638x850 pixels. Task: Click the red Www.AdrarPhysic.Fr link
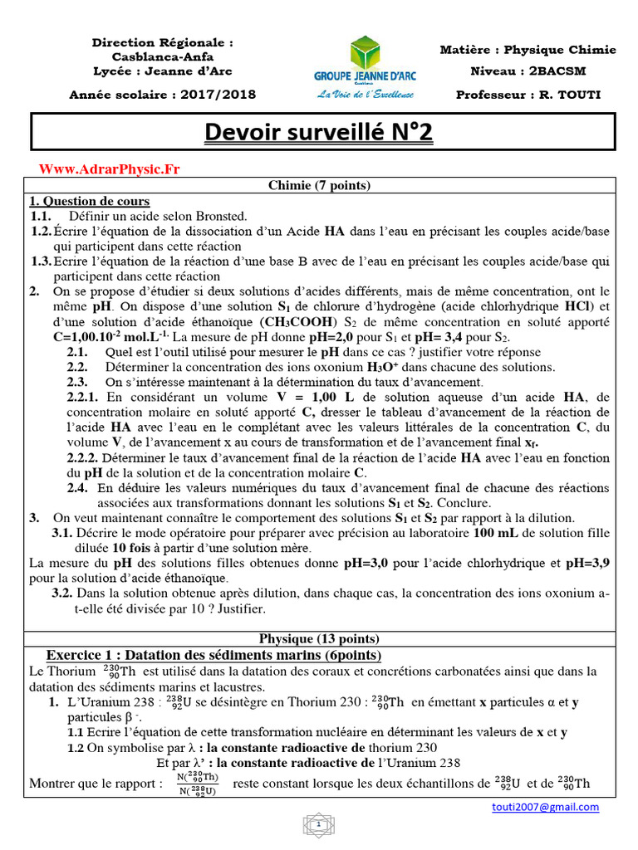tap(110, 169)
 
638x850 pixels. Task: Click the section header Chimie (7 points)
tap(319, 185)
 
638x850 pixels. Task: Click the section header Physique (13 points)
tap(319, 638)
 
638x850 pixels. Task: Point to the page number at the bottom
tap(318, 826)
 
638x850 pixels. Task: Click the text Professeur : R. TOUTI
tap(528, 95)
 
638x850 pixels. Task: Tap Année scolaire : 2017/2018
tap(162, 95)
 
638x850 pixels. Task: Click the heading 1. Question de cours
tap(90, 201)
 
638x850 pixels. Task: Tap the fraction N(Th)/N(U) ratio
tap(197, 784)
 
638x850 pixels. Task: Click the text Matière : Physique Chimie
tap(528, 50)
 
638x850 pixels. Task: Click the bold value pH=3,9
tap(587, 563)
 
